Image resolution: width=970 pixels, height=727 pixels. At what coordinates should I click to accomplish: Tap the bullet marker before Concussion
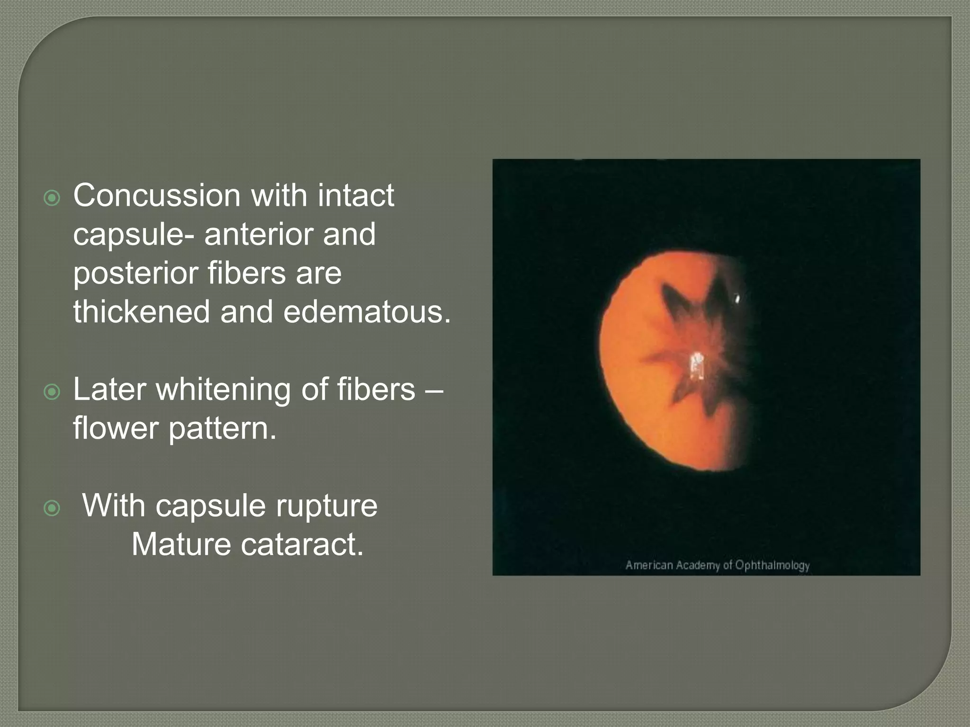(x=52, y=198)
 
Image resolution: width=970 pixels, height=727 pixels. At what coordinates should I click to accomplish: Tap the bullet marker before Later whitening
(x=52, y=392)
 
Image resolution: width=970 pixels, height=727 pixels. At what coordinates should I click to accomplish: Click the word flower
(x=116, y=428)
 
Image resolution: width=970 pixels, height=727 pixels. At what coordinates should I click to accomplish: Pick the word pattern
(x=222, y=428)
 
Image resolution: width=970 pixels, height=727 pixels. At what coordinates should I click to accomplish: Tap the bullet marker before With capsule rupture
(x=52, y=508)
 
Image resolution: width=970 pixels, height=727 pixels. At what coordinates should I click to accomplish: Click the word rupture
(x=327, y=506)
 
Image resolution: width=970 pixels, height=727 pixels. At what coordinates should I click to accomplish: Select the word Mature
(x=181, y=545)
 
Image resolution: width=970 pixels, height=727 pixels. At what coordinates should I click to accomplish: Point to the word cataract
(x=302, y=545)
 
